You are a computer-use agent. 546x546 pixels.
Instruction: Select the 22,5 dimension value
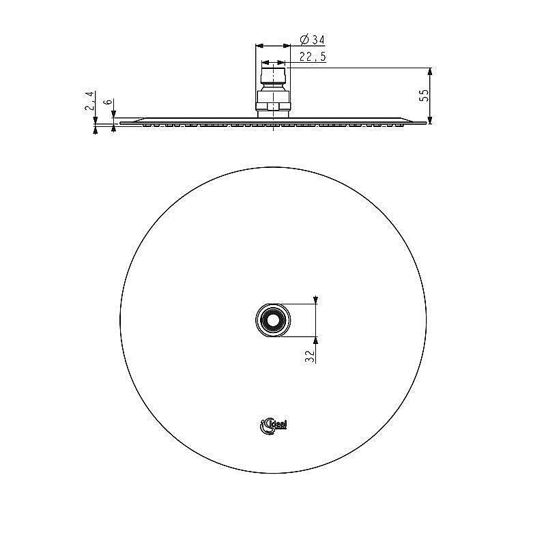(x=311, y=57)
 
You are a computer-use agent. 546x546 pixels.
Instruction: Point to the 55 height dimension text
(x=424, y=96)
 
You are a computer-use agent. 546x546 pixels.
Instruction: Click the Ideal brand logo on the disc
(x=274, y=425)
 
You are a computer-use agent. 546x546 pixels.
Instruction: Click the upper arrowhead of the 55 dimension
(x=430, y=72)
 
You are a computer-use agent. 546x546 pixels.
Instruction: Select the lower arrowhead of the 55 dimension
(x=430, y=120)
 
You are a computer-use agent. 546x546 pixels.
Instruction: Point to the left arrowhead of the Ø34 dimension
(x=259, y=46)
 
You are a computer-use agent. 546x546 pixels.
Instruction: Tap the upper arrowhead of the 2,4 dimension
(x=95, y=120)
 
